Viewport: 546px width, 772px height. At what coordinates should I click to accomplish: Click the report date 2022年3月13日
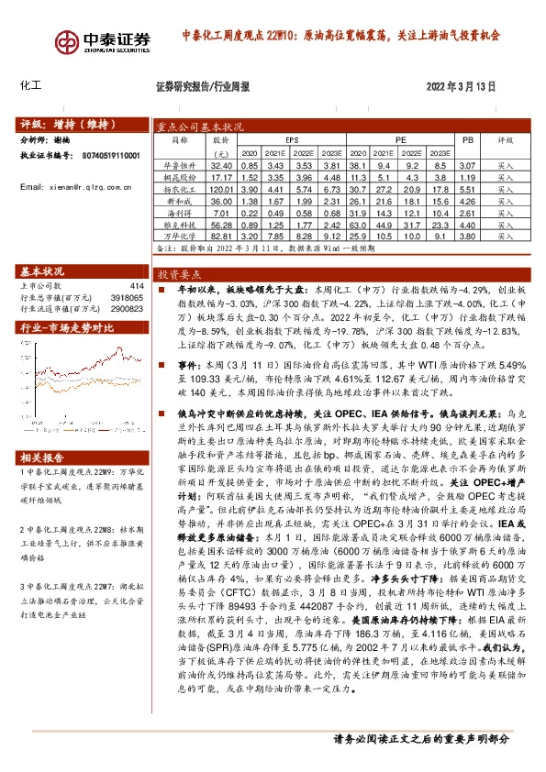tap(461, 87)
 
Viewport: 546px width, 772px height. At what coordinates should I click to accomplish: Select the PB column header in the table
tap(468, 141)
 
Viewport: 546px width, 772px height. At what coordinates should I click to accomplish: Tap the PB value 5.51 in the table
tap(468, 186)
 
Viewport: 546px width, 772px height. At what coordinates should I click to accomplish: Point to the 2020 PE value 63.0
tap(357, 224)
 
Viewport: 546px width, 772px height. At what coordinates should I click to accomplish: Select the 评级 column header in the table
tap(506, 141)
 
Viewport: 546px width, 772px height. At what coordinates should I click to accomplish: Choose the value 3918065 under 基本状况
tap(129, 297)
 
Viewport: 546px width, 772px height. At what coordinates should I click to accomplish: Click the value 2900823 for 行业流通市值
tap(129, 309)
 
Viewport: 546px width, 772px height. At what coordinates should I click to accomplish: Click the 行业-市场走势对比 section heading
tap(67, 325)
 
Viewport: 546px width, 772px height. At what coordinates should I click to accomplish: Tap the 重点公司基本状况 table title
tap(200, 127)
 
